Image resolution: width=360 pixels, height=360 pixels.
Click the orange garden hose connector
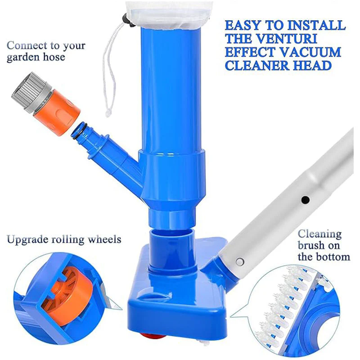[x=57, y=112]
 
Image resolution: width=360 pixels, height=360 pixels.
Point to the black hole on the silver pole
[x=305, y=200]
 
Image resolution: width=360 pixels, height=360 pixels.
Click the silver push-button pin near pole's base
[x=240, y=261]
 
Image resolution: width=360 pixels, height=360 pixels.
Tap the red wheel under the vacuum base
[x=153, y=336]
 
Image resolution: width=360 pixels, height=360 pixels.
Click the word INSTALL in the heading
[x=317, y=25]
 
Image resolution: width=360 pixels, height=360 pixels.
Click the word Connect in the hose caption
[x=27, y=45]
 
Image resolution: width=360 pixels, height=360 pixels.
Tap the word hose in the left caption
[x=54, y=57]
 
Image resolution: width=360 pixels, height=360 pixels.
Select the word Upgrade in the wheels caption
[x=27, y=240]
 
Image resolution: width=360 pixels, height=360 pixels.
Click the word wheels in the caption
[x=105, y=239]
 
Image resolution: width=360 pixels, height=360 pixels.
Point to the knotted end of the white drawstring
[x=108, y=113]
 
